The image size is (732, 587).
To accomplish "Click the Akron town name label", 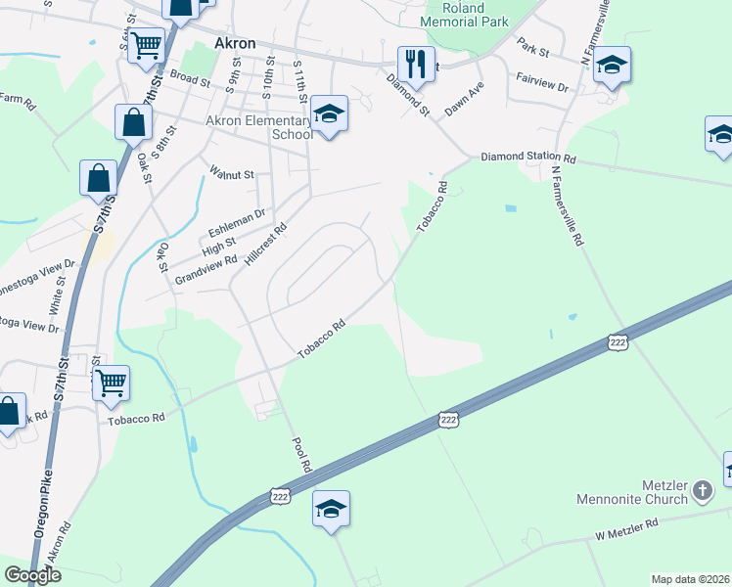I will [235, 44].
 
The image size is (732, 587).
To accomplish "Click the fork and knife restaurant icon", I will [416, 65].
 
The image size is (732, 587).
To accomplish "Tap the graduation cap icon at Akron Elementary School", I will [330, 116].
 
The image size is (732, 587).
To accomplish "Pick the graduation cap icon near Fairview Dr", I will [612, 66].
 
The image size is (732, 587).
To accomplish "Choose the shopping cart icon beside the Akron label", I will [146, 44].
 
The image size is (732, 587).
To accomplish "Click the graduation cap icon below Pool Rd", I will [331, 509].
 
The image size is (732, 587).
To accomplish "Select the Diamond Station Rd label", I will [527, 158].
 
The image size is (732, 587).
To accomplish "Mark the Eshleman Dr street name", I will [237, 222].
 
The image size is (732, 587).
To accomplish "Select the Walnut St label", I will [232, 174].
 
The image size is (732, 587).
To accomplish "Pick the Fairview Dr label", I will [544, 87].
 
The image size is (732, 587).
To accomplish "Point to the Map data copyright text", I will [690, 579].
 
